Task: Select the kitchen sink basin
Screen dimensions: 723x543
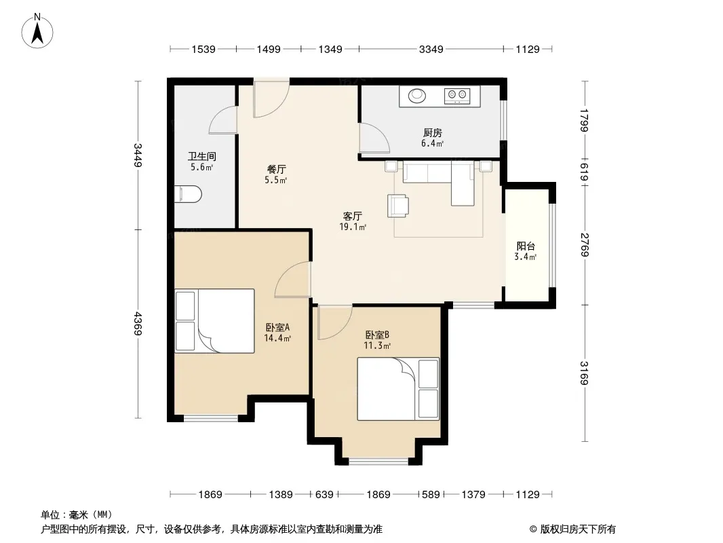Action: pos(417,96)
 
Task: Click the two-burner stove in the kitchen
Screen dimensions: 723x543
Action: pos(457,95)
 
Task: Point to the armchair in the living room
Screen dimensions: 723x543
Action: pos(398,205)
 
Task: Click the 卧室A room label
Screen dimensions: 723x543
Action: pos(277,328)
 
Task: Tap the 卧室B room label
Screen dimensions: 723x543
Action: pos(377,335)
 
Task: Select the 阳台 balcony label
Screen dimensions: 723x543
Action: pos(526,246)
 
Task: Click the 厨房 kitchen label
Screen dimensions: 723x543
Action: pos(433,133)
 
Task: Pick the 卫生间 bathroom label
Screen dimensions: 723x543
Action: pos(202,157)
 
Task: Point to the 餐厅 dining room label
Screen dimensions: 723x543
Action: pos(276,169)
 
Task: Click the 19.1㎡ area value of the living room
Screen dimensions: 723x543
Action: pos(353,227)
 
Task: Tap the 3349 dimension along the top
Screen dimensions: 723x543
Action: pos(431,49)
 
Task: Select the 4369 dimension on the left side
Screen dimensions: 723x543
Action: pos(138,324)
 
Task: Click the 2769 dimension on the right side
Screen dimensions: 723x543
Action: pos(585,245)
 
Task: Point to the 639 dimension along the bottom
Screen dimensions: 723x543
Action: pos(324,495)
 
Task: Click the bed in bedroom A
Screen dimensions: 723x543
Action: pos(215,321)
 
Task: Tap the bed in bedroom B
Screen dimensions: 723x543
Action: pos(398,389)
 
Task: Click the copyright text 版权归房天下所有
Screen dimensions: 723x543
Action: pos(578,529)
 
